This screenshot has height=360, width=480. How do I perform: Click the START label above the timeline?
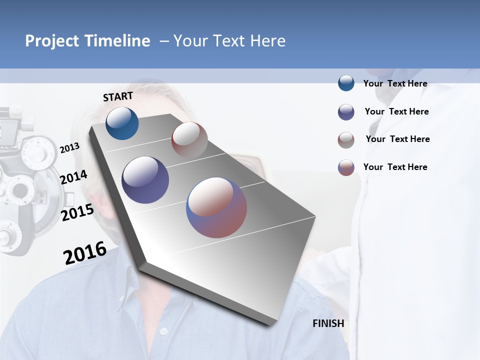point(118,96)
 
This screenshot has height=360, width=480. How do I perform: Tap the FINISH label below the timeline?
point(328,323)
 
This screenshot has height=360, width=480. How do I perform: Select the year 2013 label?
point(70,147)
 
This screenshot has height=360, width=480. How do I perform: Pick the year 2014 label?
point(73,177)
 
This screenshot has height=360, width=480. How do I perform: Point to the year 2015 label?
point(77,212)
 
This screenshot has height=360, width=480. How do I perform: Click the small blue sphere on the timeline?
point(122,123)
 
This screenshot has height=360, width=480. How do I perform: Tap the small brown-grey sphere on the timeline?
point(189,140)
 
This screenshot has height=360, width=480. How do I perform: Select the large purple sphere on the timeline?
point(145,180)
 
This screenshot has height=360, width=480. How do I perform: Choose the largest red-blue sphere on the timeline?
point(216,207)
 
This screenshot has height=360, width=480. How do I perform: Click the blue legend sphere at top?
point(346,83)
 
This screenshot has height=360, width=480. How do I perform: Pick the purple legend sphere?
point(346,112)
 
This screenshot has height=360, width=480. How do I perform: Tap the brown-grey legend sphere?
point(346,140)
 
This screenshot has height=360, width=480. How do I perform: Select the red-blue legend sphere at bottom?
point(346,167)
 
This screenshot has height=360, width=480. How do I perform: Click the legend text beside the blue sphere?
point(395,83)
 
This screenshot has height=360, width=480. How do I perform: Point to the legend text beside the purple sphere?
point(396,111)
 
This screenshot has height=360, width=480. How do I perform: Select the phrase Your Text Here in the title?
point(229,41)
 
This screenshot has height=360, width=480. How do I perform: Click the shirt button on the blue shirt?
point(163,331)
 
